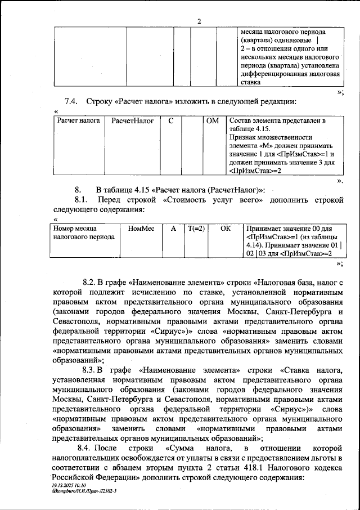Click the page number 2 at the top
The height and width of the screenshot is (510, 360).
click(x=199, y=22)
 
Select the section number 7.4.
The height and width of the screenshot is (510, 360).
click(x=73, y=101)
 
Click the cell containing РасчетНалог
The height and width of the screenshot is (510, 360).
click(x=132, y=121)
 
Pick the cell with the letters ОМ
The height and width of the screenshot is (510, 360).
click(x=212, y=121)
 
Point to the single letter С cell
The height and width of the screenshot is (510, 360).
click(x=171, y=121)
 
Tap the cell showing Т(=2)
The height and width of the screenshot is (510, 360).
click(x=196, y=229)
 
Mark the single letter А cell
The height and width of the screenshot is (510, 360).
click(x=173, y=229)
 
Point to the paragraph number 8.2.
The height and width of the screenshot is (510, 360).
click(x=91, y=281)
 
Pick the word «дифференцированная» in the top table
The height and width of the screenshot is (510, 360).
click(x=272, y=74)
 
